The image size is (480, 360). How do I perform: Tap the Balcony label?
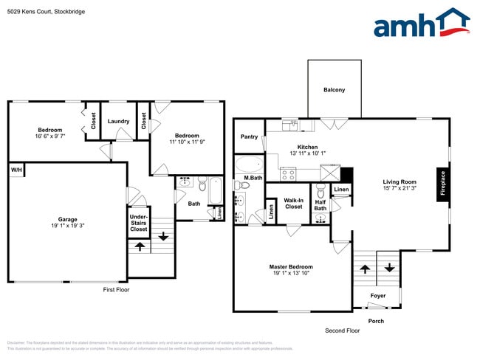click(334, 90)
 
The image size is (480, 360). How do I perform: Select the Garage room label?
click(68, 219)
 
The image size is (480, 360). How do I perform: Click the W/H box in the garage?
click(16, 170)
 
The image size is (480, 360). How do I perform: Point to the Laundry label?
click(118, 121)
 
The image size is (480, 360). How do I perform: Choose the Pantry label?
click(249, 136)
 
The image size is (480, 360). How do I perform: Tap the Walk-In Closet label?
click(293, 204)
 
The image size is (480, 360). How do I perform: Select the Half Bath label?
click(320, 204)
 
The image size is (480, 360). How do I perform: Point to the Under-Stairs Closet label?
click(138, 222)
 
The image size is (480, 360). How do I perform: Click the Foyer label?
click(377, 296)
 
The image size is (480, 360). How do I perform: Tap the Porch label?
click(376, 321)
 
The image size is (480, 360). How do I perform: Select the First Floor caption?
click(116, 290)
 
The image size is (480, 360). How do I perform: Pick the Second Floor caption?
click(341, 330)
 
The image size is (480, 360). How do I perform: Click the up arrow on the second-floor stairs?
click(364, 269)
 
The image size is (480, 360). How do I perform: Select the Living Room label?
click(399, 181)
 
